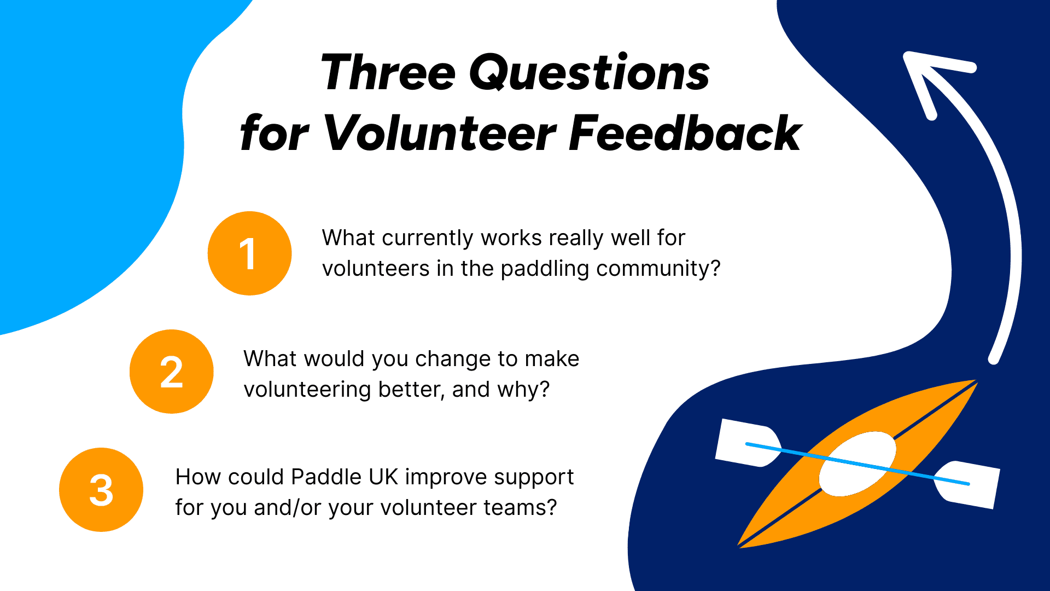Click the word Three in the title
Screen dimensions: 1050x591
point(388,72)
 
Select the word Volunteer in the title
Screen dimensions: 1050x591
point(440,132)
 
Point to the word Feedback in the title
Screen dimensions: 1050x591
point(685,132)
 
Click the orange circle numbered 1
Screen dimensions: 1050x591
point(249,253)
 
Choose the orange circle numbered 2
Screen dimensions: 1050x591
point(171,372)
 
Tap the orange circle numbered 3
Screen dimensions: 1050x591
point(101,490)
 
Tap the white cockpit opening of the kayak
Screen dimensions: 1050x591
point(857,463)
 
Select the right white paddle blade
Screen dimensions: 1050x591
point(967,485)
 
